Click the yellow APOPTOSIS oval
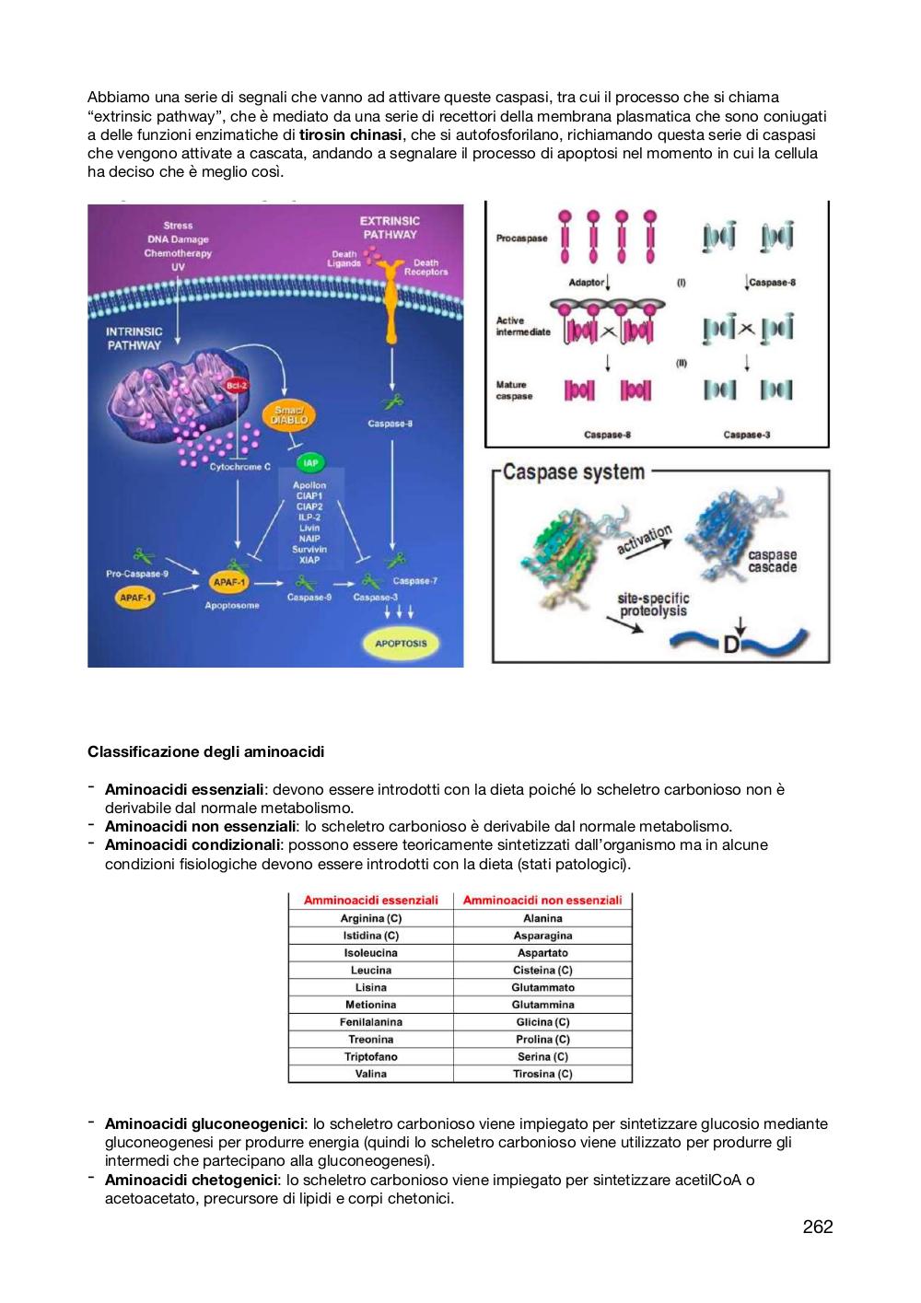coord(401,644)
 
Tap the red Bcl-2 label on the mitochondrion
coord(237,386)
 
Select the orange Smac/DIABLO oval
coord(288,415)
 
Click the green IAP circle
coord(310,463)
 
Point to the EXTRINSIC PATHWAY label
coord(390,227)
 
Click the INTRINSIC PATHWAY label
coord(134,339)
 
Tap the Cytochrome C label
coord(239,467)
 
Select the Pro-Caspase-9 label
coord(136,574)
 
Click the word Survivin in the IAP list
coord(309,549)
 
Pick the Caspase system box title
coord(574,471)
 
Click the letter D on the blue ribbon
coord(731,646)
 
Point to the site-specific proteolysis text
coord(653,604)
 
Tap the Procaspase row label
coord(521,238)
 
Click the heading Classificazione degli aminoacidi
coord(206,751)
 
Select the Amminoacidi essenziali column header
coord(370,900)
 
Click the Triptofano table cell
coord(370,1056)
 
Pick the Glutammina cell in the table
coord(542,1005)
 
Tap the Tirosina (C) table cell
coord(542,1074)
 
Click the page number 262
coord(818,1227)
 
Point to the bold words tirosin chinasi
coord(350,135)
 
